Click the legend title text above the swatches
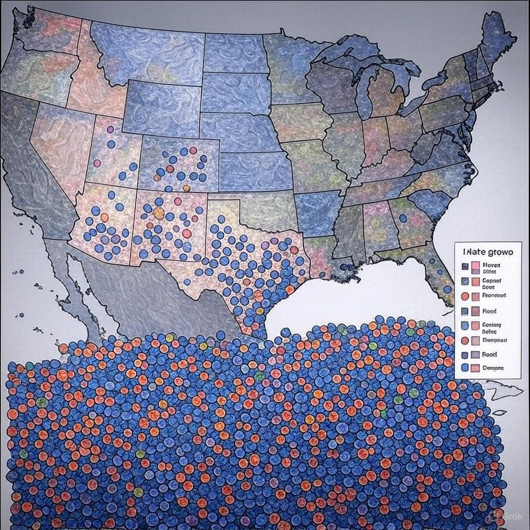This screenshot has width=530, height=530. (487, 251)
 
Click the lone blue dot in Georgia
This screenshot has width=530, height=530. (403, 218)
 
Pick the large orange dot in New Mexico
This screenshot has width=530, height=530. (159, 213)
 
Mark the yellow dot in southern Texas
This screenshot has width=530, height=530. (260, 310)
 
